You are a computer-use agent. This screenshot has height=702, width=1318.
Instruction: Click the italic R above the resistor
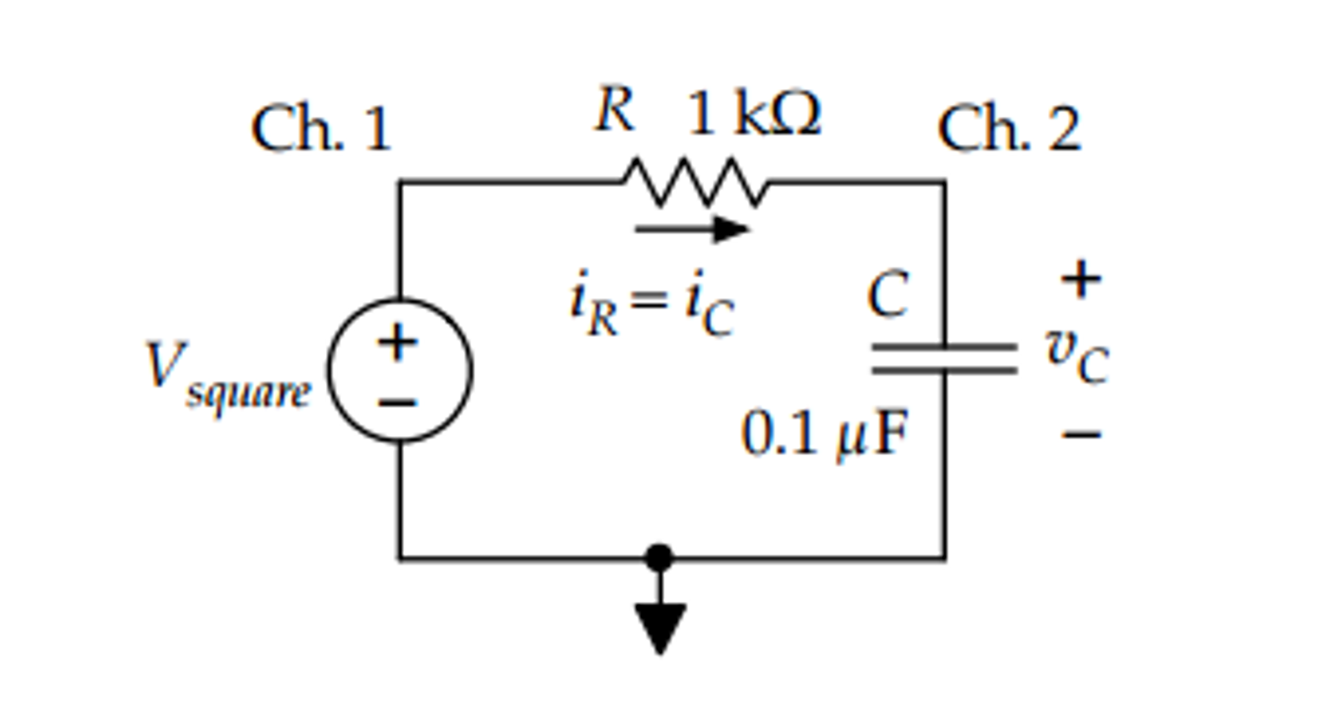click(615, 109)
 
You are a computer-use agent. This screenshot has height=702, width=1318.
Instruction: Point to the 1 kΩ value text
click(754, 114)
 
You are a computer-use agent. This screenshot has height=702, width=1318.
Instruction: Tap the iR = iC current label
click(652, 303)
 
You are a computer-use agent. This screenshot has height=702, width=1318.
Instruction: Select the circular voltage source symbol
click(400, 370)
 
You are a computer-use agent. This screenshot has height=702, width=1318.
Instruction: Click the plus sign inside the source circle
click(397, 342)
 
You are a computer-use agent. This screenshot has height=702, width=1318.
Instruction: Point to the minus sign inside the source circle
click(397, 403)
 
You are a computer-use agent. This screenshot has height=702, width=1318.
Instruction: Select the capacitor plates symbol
click(944, 359)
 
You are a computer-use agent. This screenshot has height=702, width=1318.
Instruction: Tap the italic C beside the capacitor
click(888, 294)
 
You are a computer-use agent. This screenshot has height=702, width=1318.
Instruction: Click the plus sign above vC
click(1081, 280)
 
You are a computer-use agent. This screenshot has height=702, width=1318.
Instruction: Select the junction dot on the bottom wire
click(659, 558)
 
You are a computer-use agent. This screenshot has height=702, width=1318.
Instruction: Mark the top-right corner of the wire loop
click(944, 183)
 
